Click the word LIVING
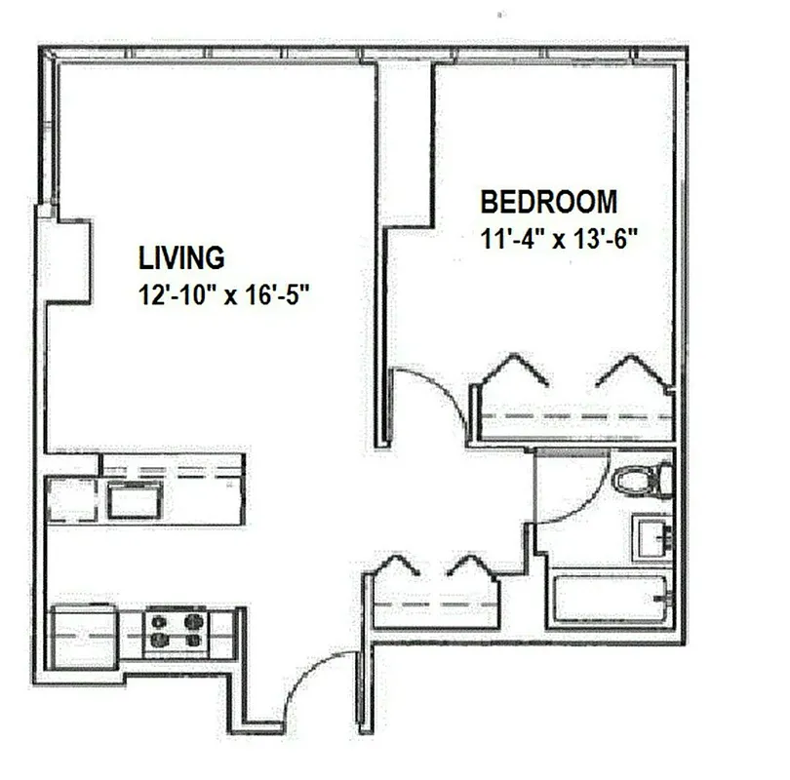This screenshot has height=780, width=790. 181,258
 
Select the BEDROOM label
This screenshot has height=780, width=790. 549,202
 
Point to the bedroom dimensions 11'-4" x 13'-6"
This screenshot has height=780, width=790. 559,239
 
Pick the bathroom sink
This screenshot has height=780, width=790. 652,539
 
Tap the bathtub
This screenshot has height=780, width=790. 610,599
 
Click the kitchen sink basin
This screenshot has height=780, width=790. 135,500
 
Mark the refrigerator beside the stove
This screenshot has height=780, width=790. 83,635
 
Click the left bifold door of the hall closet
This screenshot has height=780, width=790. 398,567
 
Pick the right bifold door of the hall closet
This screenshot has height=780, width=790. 474,567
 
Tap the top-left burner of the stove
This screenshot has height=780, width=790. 159,620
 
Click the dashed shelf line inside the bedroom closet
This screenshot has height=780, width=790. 575,416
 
